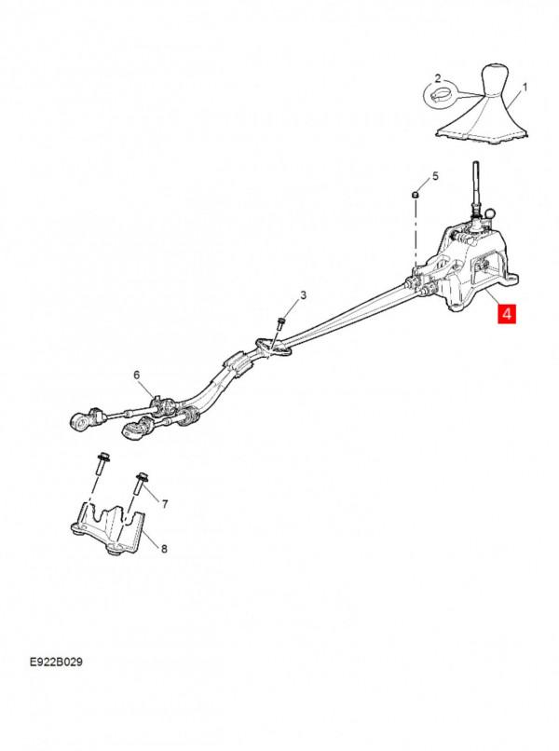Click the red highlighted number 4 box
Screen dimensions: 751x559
pos(507,314)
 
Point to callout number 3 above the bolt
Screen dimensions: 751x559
pos(303,295)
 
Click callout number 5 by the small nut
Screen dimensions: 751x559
pos(432,176)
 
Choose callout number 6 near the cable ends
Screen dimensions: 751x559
pos(137,375)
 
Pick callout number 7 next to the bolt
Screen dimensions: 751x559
pos(165,504)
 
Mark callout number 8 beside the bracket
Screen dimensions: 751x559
pos(165,549)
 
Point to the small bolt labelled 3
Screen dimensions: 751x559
pos(280,322)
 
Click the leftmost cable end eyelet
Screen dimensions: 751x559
pos(80,421)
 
